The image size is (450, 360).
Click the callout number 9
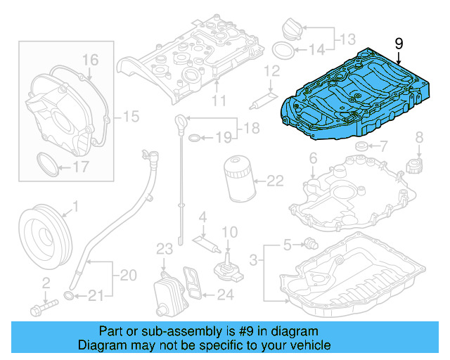(399, 44)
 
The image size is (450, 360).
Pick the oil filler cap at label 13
(292, 30)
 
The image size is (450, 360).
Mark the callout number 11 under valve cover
(219, 101)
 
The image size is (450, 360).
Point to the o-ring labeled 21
(69, 295)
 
